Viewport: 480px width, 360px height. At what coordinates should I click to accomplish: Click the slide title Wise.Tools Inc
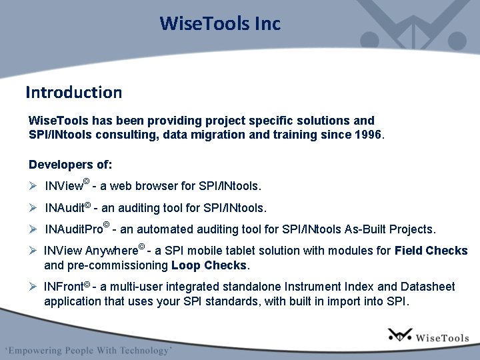pos(220,24)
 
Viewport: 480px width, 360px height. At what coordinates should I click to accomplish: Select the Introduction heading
pos(73,92)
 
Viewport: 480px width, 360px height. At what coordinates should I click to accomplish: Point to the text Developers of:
pos(71,164)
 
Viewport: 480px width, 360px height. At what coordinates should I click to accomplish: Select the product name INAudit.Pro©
pos(77,229)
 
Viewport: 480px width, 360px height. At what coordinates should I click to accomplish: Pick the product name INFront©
pos(67,287)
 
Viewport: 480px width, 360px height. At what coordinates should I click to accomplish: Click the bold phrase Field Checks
pos(431,251)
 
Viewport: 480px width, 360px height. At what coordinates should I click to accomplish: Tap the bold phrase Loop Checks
pos(209,265)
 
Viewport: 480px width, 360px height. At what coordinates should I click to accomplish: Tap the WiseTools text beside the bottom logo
pos(442,338)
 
